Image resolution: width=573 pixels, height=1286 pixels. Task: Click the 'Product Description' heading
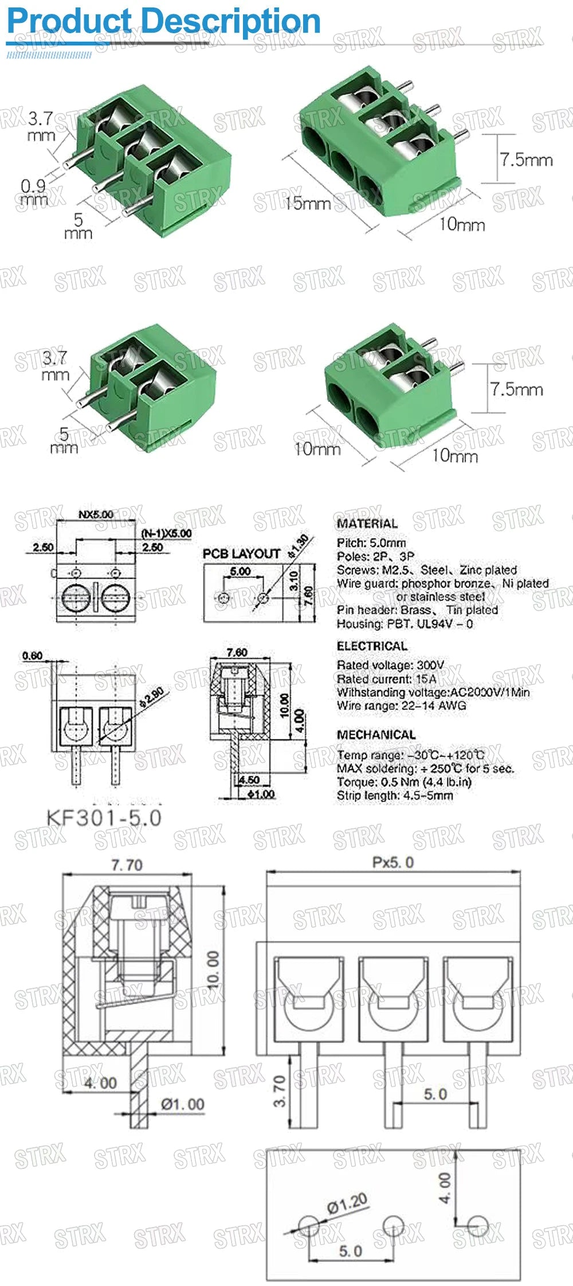[x=163, y=22]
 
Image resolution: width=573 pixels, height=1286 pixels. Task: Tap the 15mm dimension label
[x=308, y=203]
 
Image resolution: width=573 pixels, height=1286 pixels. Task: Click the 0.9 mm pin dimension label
[x=33, y=192]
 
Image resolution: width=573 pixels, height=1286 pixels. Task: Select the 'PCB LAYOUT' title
[x=241, y=554]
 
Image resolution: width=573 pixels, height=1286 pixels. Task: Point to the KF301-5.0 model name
[x=104, y=817]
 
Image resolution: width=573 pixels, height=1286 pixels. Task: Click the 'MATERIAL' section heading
[x=367, y=523]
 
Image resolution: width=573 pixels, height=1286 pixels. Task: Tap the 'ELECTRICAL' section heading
[x=372, y=646]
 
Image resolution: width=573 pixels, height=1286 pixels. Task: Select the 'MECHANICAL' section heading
[x=376, y=735]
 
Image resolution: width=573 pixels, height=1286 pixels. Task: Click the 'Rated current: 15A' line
[x=386, y=679]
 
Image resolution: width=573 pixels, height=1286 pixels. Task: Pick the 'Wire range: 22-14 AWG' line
[x=401, y=706]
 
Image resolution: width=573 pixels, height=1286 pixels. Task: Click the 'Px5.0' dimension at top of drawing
[x=393, y=863]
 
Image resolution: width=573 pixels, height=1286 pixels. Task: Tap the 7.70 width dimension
[x=127, y=864]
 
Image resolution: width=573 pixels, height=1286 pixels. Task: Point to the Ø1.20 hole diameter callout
[x=347, y=1205]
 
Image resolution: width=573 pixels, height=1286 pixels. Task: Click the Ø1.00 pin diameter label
[x=182, y=1104]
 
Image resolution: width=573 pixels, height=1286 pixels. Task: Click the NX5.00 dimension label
[x=96, y=515]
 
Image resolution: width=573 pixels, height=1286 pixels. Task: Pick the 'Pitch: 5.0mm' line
[x=371, y=543]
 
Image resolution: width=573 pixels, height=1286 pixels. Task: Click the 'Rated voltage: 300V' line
[x=390, y=665]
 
